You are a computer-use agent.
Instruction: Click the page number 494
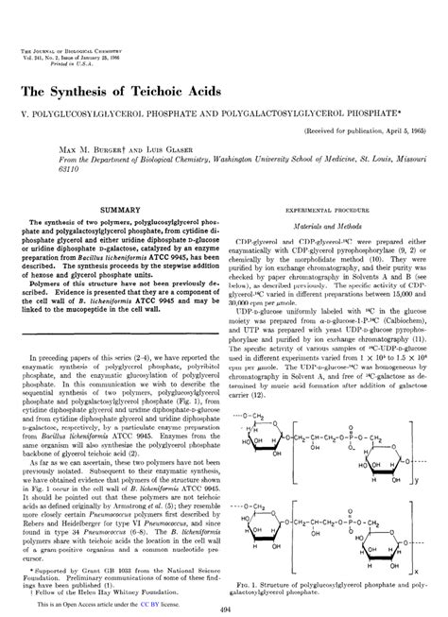224,609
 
